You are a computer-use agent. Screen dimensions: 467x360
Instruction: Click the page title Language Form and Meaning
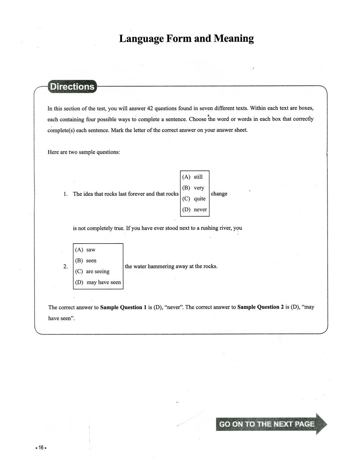(x=186, y=38)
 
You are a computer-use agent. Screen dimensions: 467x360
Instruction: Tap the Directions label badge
(x=72, y=87)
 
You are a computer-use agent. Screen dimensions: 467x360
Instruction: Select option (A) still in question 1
(x=193, y=177)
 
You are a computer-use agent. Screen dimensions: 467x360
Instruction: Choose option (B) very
(x=193, y=188)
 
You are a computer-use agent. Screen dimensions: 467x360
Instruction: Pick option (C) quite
(x=194, y=199)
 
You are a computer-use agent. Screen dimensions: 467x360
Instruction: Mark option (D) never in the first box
(x=195, y=209)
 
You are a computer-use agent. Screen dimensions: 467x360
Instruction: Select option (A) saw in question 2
(x=85, y=250)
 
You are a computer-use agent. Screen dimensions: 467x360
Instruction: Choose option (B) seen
(x=86, y=260)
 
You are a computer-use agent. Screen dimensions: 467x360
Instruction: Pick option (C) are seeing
(x=92, y=271)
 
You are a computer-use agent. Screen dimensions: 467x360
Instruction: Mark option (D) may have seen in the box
(x=98, y=282)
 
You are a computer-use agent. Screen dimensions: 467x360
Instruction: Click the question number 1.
(x=66, y=194)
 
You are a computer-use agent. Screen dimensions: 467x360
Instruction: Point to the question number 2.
(x=66, y=267)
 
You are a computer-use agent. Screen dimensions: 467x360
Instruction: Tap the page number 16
(x=41, y=448)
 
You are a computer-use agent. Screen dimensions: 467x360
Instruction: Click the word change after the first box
(x=219, y=194)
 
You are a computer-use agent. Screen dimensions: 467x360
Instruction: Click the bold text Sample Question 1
(x=123, y=307)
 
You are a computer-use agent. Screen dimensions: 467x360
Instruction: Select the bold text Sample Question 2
(x=260, y=307)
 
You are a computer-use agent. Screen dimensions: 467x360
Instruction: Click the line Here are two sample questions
(x=84, y=152)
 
